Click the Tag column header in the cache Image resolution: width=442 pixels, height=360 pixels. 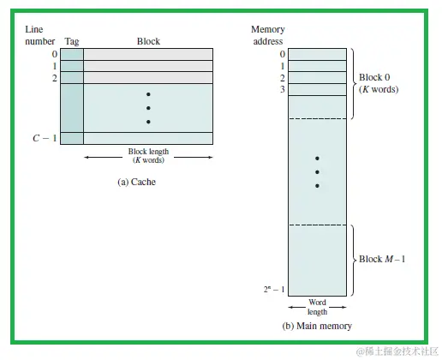[x=72, y=41]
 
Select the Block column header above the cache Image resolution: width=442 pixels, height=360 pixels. [x=148, y=41]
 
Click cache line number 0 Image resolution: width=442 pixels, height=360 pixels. [x=53, y=54]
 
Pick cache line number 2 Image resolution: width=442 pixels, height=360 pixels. [x=53, y=77]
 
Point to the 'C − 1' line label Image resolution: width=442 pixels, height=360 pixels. [x=45, y=138]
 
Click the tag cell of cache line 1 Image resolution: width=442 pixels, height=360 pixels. [x=72, y=65]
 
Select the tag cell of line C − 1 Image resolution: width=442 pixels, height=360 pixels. [x=72, y=138]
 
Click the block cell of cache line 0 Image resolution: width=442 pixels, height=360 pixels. [x=148, y=54]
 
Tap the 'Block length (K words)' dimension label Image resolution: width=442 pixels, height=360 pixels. [x=148, y=157]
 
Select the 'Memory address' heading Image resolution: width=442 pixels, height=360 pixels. [x=267, y=35]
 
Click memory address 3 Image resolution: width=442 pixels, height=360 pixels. [x=282, y=89]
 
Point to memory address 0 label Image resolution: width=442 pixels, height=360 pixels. [x=282, y=54]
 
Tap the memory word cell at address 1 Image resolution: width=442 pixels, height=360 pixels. [x=318, y=65]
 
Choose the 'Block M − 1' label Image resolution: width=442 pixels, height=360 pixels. [x=382, y=258]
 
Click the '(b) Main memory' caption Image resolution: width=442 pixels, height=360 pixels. [x=318, y=327]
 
